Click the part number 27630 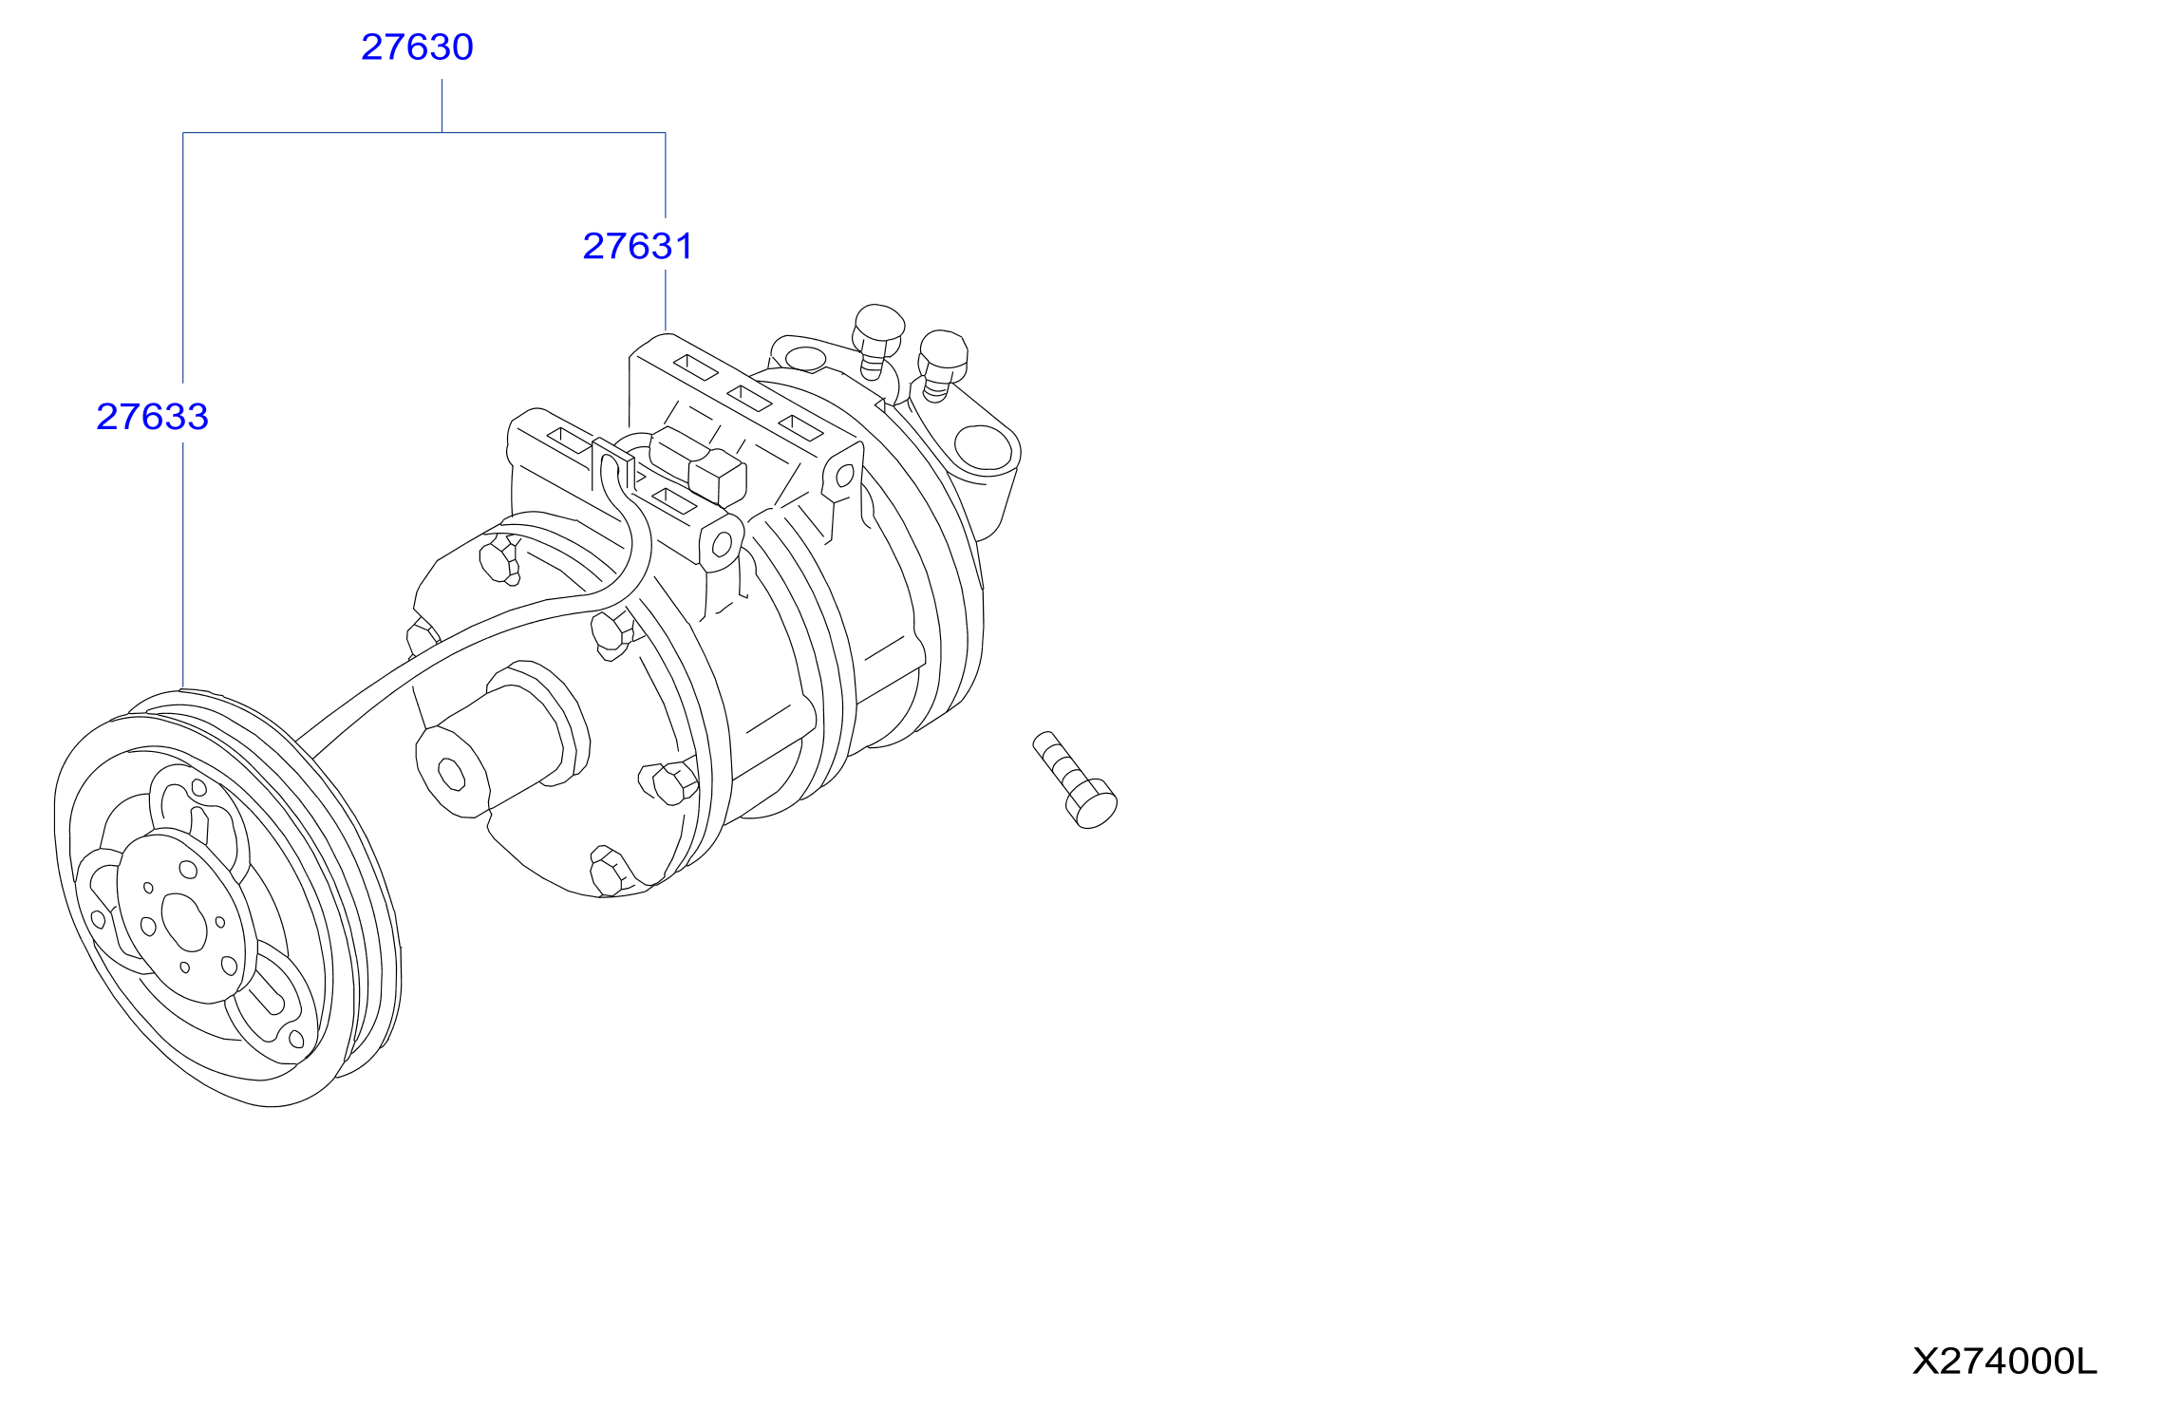click(x=417, y=47)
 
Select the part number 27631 click(x=637, y=247)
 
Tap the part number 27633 click(x=152, y=417)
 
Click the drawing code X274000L click(x=2003, y=1362)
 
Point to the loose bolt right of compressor click(x=1075, y=780)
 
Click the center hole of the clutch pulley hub click(x=184, y=921)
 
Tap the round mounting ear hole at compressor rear click(x=983, y=447)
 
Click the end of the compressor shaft click(x=451, y=774)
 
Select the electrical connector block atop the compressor click(x=698, y=465)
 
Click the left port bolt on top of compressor click(x=876, y=340)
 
